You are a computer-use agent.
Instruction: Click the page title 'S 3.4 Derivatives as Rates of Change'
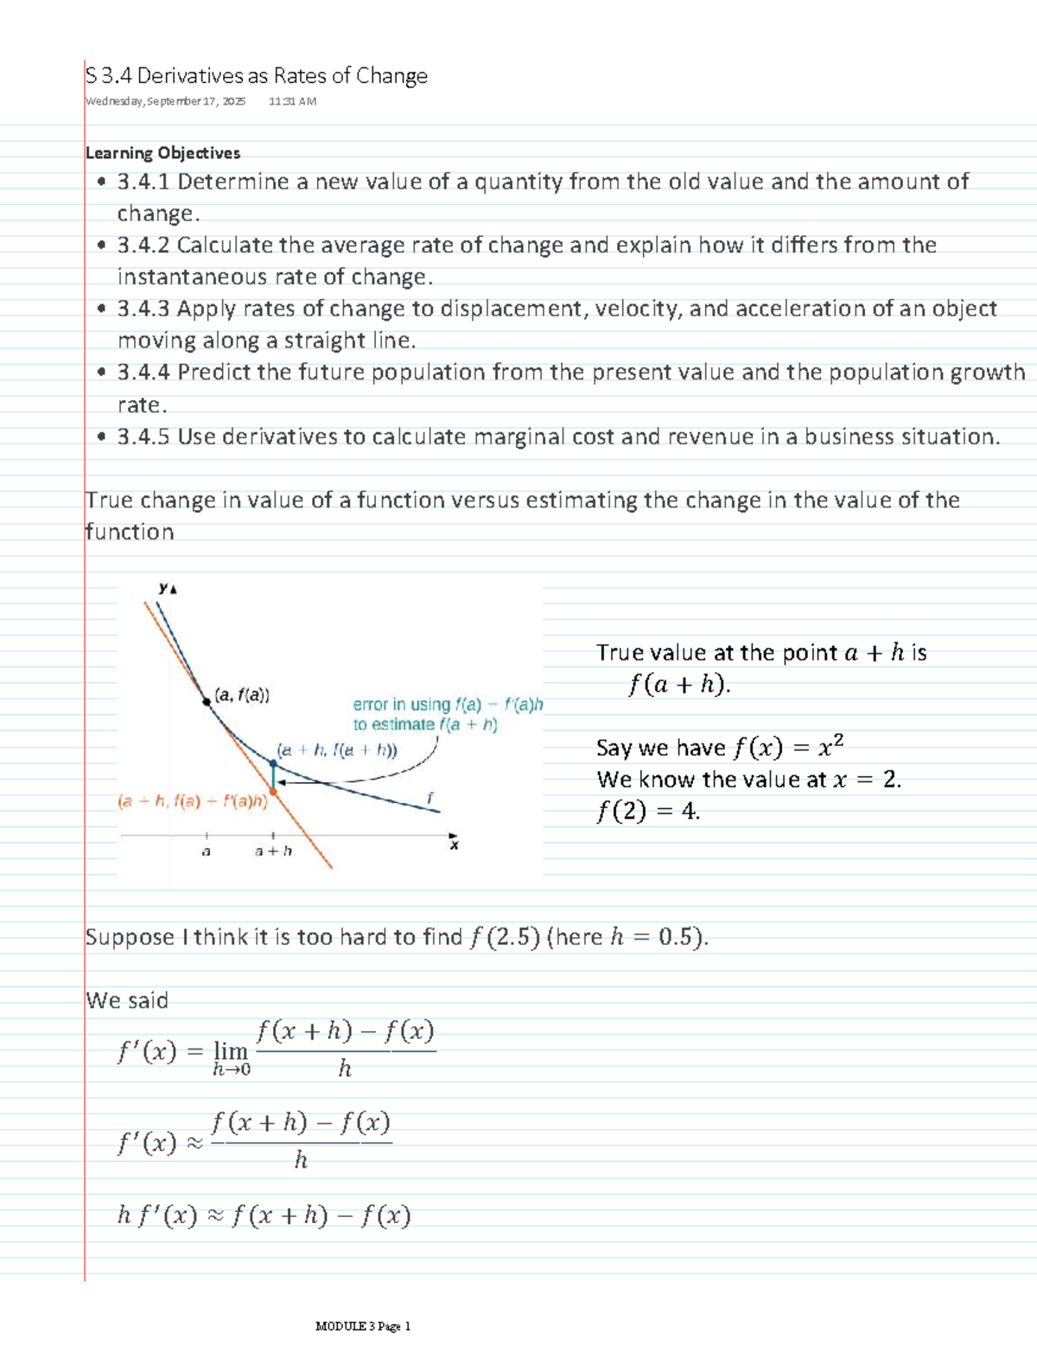tap(257, 76)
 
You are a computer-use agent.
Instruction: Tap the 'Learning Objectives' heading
tap(162, 153)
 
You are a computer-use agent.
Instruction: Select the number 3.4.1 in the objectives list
tap(143, 182)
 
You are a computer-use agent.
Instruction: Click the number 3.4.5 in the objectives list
tap(143, 437)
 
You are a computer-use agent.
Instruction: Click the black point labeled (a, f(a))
tap(207, 702)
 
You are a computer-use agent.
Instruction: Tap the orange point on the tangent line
tap(274, 790)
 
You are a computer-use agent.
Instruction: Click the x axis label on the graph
tap(455, 845)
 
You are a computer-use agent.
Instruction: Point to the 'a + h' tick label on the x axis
tap(273, 851)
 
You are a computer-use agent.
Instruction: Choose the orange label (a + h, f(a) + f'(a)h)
tap(192, 801)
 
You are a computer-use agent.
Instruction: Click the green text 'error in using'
tap(402, 704)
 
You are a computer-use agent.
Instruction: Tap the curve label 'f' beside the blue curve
tap(429, 797)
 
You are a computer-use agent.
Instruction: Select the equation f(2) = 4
tap(648, 812)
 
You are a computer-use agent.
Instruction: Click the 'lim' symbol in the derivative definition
tap(231, 1051)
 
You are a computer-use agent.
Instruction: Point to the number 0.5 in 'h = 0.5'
tap(675, 937)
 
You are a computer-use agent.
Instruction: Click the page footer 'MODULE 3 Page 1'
tap(363, 1326)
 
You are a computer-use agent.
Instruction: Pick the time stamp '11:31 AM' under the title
tap(292, 101)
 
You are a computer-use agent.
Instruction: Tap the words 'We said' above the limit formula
tap(127, 1000)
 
